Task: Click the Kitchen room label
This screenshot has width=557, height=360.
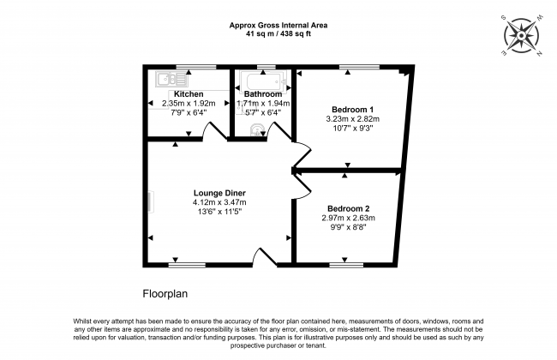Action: (189, 93)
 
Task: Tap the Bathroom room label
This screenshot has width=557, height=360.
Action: (263, 93)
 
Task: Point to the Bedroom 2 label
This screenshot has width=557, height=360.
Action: (349, 208)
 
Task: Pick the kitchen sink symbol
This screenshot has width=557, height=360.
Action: (164, 80)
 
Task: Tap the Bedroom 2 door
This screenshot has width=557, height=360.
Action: (301, 185)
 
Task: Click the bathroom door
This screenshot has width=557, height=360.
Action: (276, 130)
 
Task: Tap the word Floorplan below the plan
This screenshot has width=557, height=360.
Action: (165, 292)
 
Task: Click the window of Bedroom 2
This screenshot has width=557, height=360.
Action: (346, 265)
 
